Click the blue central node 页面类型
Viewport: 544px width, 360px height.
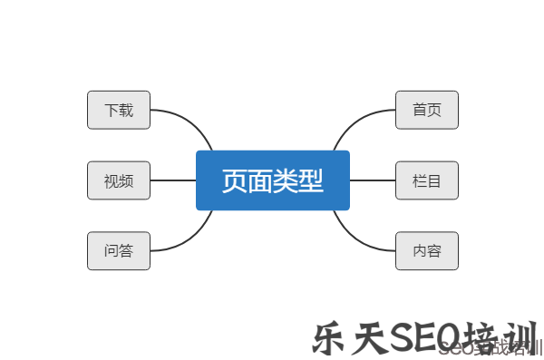[272, 180]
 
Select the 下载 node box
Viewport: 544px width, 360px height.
[119, 110]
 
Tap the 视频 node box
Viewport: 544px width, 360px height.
[119, 180]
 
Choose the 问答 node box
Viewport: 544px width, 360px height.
[119, 251]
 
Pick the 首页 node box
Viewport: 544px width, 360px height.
[427, 110]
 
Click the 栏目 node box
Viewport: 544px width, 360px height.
[427, 180]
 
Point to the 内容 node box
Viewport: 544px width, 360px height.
[427, 251]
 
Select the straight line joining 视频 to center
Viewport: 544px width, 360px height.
[172, 180]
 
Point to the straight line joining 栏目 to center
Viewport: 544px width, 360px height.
[373, 180]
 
